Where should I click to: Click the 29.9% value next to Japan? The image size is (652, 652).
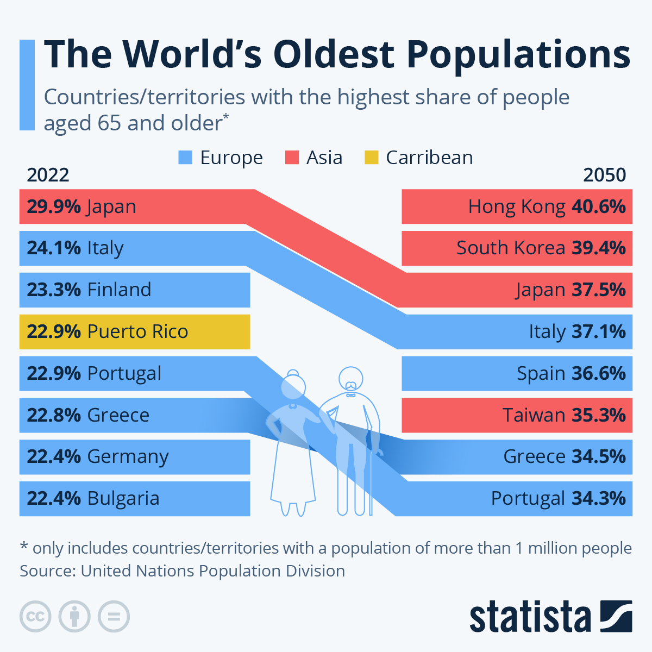[x=54, y=207]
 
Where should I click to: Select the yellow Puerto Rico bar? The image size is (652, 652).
[x=134, y=331]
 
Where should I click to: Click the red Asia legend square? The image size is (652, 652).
[x=292, y=158]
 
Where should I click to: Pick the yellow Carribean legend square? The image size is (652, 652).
[x=371, y=158]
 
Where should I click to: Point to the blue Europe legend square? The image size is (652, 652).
[x=185, y=158]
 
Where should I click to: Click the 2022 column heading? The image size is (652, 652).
[x=48, y=175]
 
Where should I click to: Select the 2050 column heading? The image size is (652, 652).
[x=604, y=175]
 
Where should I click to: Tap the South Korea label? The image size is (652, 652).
[x=510, y=248]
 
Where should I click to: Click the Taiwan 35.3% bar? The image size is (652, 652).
[x=517, y=415]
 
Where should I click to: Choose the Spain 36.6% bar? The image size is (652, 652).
[x=517, y=374]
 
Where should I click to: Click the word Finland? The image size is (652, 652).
[x=119, y=290]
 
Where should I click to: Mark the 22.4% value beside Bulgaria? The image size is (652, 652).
[x=54, y=498]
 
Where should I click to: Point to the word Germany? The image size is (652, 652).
[x=128, y=457]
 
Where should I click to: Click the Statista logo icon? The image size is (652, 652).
[x=616, y=616]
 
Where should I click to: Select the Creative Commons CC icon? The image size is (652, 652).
[x=35, y=617]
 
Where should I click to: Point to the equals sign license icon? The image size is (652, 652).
[x=114, y=617]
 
